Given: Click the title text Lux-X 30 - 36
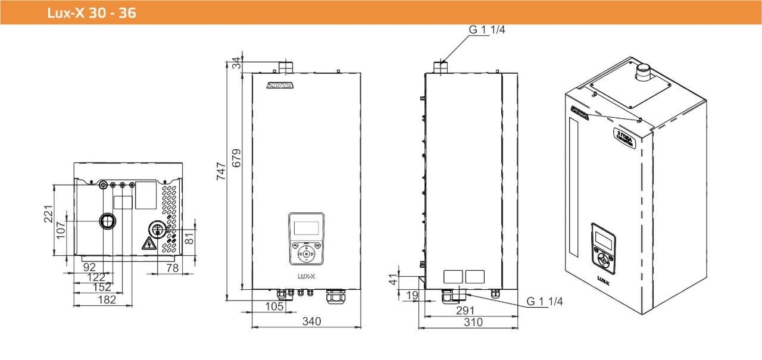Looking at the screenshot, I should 92,12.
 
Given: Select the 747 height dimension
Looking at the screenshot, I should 221,173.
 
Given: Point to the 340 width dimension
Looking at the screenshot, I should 311,321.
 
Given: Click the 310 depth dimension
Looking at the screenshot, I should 473,322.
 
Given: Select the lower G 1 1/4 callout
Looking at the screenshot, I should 544,302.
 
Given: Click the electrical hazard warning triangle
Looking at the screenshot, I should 147,243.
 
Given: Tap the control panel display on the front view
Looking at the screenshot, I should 306,228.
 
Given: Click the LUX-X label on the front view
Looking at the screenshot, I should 306,276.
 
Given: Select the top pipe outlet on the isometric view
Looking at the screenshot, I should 643,72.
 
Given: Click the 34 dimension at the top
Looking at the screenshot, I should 237,62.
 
